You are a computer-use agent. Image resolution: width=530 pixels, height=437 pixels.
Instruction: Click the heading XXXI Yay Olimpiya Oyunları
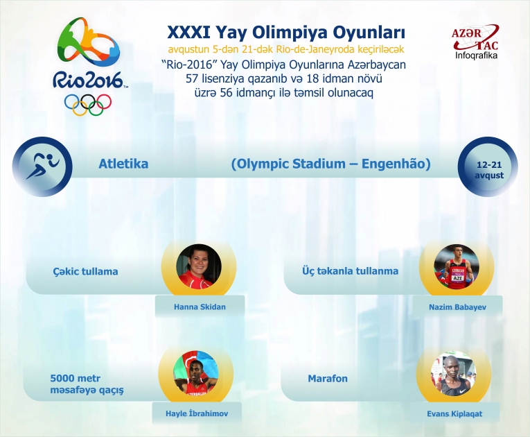point(286,33)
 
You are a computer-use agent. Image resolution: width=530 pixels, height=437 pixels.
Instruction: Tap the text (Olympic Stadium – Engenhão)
point(330,164)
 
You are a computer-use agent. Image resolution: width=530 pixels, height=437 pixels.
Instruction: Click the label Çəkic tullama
point(85,271)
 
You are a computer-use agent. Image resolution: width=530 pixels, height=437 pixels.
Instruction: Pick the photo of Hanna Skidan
point(200,266)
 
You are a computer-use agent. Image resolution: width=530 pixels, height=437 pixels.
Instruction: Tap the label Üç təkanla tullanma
point(350,271)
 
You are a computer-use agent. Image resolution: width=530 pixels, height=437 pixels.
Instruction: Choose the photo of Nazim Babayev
point(457,266)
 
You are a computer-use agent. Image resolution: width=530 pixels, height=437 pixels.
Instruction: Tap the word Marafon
point(328,379)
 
